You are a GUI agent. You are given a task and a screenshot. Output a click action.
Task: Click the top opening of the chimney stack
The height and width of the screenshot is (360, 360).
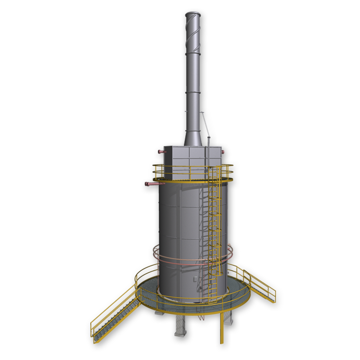[192, 14]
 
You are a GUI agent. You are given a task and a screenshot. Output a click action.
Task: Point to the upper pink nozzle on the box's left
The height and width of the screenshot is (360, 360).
[161, 152]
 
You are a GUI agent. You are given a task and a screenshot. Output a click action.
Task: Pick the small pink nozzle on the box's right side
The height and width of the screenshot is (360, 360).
[223, 152]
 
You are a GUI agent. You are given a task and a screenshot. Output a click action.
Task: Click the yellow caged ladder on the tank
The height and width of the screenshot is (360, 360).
[215, 230]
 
